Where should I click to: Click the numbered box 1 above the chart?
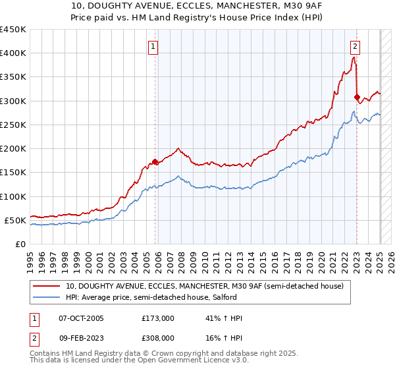[x=153, y=47]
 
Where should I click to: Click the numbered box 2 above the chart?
[x=355, y=47]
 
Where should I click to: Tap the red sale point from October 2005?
[x=155, y=161]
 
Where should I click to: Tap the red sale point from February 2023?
[x=357, y=98]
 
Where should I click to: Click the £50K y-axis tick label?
[x=16, y=220]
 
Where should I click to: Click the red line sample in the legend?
[x=46, y=286]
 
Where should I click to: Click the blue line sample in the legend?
[x=46, y=298]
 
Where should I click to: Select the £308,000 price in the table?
[x=157, y=337]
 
